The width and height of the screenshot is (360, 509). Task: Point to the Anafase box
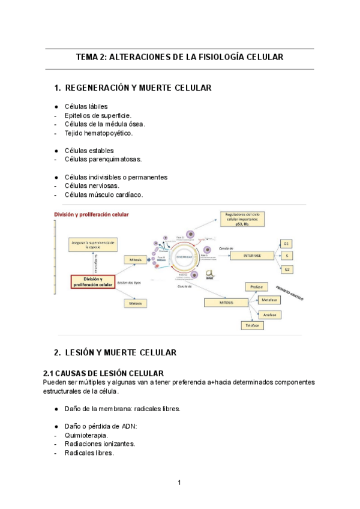point(268,315)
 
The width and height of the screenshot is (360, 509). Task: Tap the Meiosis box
point(135,304)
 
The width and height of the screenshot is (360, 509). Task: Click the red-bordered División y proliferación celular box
point(92,282)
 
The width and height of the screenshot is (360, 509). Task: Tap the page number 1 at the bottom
point(179,483)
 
